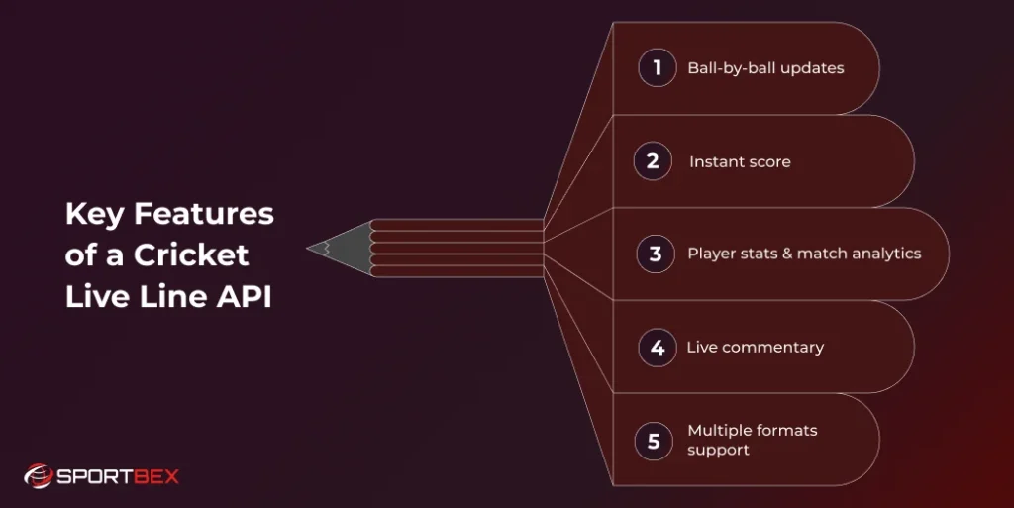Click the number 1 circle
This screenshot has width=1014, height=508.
657,68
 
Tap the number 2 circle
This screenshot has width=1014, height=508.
653,161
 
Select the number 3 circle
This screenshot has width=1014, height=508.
656,254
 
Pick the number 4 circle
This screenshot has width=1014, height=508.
657,348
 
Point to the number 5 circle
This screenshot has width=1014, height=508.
654,441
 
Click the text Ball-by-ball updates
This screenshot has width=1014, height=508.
765,69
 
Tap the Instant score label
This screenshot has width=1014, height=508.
740,161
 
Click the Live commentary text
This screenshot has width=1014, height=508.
755,348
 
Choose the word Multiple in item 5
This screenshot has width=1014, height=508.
720,431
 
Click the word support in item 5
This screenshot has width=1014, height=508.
718,451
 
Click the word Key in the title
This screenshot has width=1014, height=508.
87,214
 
